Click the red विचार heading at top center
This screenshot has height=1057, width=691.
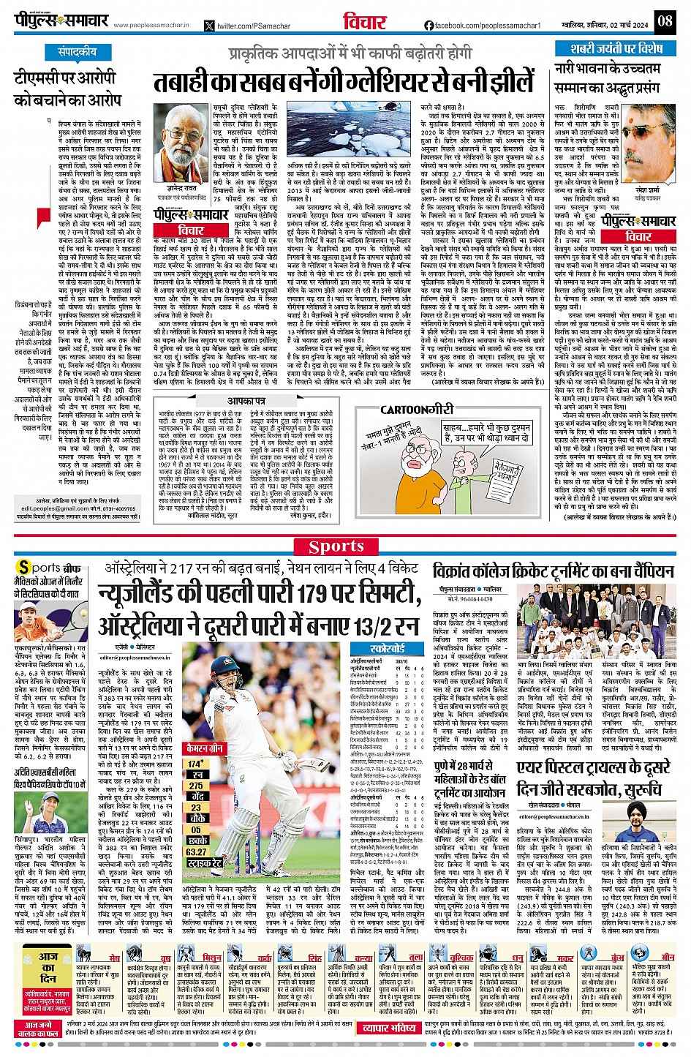point(364,22)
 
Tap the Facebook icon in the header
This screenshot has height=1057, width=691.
point(428,26)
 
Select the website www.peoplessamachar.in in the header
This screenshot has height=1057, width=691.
point(151,26)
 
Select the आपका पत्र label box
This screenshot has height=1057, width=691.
point(245,401)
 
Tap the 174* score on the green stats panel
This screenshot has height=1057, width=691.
point(195,764)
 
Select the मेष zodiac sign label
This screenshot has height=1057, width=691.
point(115,958)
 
